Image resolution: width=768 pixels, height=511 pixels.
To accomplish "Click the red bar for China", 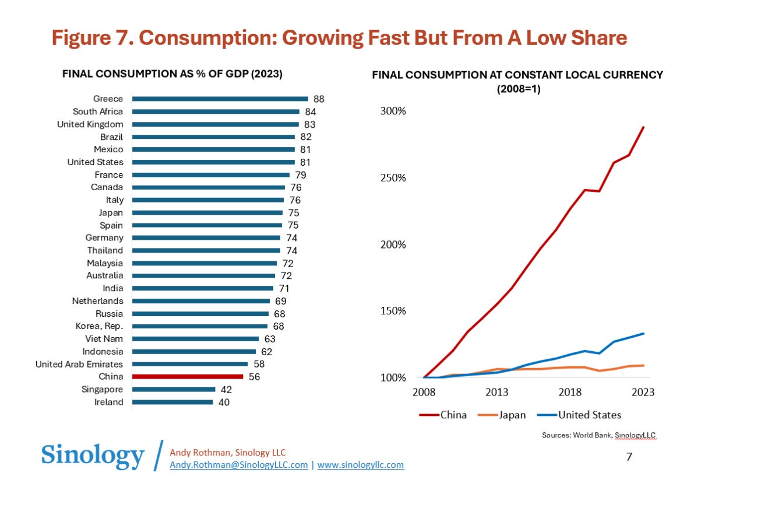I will (x=187, y=377).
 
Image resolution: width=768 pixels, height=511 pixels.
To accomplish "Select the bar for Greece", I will (x=220, y=99).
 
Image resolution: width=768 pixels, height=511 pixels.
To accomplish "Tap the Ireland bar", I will (x=172, y=402).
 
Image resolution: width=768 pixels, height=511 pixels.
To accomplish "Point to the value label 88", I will (x=319, y=99).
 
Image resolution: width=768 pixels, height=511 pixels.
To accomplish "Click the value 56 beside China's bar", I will (x=254, y=377).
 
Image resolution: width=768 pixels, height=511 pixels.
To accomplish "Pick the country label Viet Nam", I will (x=104, y=339).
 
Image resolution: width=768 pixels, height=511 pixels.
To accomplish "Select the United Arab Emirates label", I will (x=79, y=364).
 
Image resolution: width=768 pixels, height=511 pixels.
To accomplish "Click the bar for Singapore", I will (x=174, y=390).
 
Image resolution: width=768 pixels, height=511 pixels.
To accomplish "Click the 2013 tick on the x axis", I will (x=497, y=392).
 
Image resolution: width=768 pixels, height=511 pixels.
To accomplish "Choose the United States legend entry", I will (x=589, y=415).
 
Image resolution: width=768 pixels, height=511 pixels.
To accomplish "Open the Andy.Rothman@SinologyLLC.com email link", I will (x=238, y=465).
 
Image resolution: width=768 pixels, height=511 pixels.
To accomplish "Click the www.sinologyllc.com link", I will (x=360, y=465).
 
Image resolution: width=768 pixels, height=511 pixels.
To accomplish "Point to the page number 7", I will (x=629, y=457).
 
